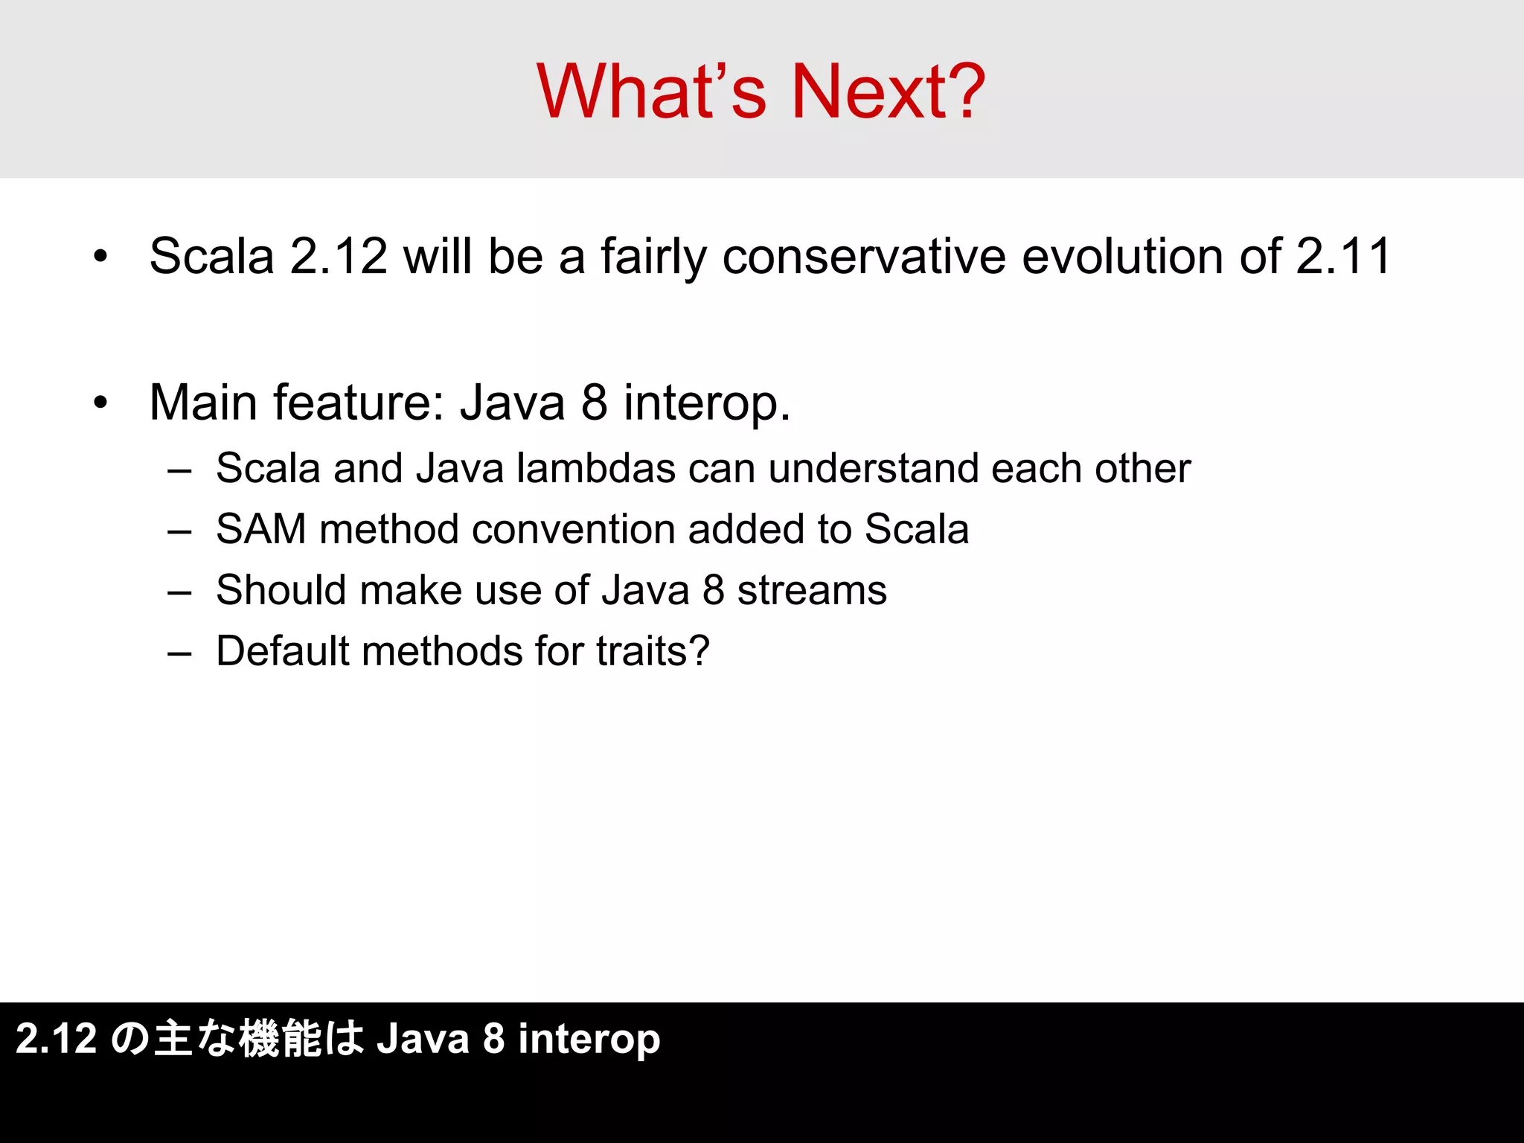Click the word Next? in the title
point(889,92)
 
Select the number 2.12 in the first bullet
point(339,256)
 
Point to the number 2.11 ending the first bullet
point(1343,256)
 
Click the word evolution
point(1123,256)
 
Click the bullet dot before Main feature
point(100,403)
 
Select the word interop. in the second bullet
point(707,403)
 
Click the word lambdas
point(595,469)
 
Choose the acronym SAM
point(261,530)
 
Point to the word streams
point(812,591)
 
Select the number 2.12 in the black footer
point(57,1039)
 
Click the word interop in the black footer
point(589,1040)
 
